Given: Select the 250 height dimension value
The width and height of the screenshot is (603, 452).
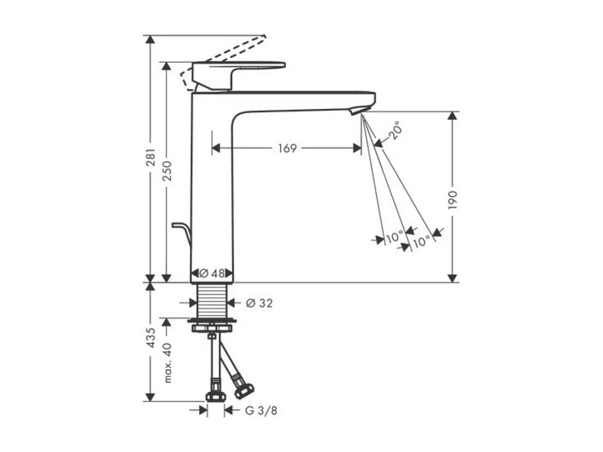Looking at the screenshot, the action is (167, 171).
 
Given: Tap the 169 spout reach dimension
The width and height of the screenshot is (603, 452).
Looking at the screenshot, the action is (287, 148).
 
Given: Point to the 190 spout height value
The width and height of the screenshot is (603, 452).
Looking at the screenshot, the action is (452, 200).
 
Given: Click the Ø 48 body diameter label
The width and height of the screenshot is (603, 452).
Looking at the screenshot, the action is (212, 273).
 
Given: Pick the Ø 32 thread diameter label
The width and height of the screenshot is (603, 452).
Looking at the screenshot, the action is (259, 303).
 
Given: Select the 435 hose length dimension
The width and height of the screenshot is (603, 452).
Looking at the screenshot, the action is (151, 338).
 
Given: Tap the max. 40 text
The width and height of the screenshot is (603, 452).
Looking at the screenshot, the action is (167, 363).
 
